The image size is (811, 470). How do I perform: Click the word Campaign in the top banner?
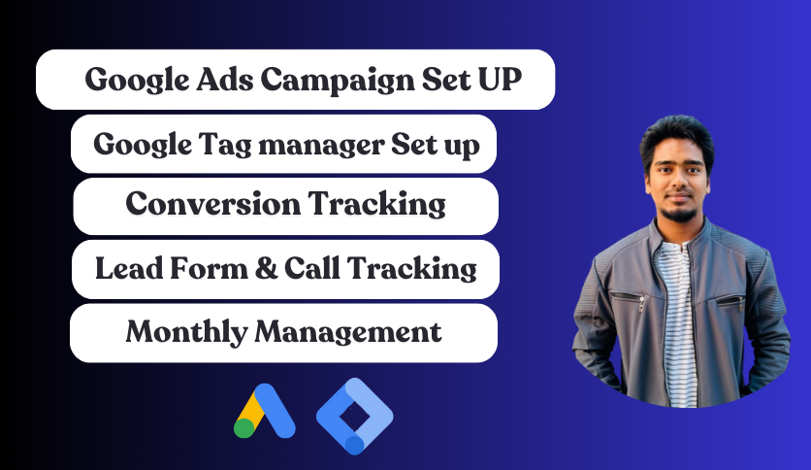point(337,81)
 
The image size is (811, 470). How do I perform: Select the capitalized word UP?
point(500,80)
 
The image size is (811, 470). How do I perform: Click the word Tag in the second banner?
point(225,146)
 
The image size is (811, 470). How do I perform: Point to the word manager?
point(321,146)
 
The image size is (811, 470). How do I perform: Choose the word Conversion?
point(212,203)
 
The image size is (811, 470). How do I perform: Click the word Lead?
point(129,268)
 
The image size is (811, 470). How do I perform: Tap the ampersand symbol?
point(267,268)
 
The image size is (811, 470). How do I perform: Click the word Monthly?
point(186,333)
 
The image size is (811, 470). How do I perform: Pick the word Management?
point(348,332)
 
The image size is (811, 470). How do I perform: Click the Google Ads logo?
point(264,411)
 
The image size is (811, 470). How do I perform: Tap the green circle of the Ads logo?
point(244,428)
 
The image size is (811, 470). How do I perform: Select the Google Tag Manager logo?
point(355,417)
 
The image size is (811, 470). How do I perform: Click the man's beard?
point(679,214)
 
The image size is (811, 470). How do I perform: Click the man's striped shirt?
point(676,320)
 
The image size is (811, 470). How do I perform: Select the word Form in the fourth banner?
point(209,268)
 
